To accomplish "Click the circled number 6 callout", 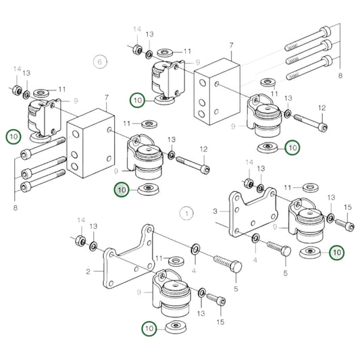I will [x=100, y=61].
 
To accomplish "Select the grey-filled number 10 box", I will [x=122, y=190].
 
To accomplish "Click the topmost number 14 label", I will [x=137, y=30].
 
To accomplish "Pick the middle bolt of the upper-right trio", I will [x=308, y=47].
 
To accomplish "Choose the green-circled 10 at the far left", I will [x=14, y=136].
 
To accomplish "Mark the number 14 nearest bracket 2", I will [x=81, y=221].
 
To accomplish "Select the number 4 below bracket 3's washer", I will [x=256, y=258].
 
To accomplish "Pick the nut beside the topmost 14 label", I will [x=135, y=49].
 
